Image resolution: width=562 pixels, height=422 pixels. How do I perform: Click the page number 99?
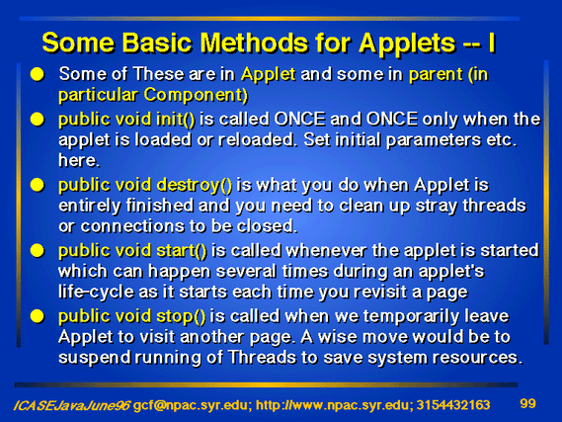click(x=527, y=403)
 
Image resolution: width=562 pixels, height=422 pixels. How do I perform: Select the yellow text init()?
click(x=175, y=119)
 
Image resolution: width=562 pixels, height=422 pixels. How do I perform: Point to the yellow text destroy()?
click(x=194, y=186)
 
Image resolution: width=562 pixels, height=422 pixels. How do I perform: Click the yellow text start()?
click(x=182, y=251)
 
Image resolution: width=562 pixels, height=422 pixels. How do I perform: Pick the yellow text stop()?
click(x=181, y=316)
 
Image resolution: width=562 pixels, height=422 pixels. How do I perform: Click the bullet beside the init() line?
click(x=37, y=120)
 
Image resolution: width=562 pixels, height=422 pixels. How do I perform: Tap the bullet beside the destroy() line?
click(x=37, y=186)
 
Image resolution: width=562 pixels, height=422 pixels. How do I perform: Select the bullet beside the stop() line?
click(x=37, y=316)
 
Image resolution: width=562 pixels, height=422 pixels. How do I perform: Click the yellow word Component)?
click(x=196, y=95)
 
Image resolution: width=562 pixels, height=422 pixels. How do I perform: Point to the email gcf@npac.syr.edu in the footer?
click(x=191, y=405)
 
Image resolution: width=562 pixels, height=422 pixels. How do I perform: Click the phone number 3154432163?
click(x=453, y=405)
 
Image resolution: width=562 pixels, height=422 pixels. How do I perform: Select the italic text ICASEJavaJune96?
click(x=72, y=405)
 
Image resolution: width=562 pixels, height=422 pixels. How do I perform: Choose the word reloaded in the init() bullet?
click(x=256, y=139)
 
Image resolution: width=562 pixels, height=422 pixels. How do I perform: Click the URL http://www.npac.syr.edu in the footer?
click(x=332, y=405)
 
